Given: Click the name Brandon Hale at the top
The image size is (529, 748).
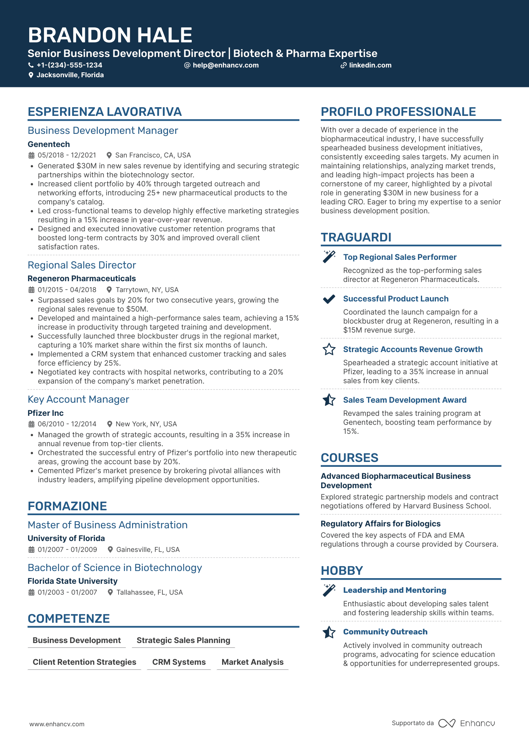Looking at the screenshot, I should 110,35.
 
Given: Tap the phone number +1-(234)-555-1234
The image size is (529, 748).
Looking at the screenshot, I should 69,65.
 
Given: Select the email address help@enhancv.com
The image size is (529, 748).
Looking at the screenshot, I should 225,65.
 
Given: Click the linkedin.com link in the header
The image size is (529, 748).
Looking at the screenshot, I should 370,65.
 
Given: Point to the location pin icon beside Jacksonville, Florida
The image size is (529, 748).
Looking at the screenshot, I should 31,75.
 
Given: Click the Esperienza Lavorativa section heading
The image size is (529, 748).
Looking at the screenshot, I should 105,112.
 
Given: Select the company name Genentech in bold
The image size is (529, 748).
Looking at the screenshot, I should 49,144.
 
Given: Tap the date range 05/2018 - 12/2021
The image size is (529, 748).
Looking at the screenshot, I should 67,155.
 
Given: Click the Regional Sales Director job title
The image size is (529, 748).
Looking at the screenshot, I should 82,265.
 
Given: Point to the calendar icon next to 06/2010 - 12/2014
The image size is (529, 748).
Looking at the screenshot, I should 32,424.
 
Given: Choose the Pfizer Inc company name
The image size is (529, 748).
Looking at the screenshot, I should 45,413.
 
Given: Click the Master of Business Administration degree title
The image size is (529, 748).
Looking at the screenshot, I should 108,525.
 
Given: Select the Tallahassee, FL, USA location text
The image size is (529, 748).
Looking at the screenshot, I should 149,592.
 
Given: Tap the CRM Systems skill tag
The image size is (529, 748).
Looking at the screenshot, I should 179,662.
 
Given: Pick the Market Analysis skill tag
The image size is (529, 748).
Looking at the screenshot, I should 252,662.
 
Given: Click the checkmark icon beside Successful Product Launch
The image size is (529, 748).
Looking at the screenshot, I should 329,299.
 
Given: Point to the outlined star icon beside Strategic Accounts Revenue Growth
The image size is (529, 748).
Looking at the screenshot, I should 329,349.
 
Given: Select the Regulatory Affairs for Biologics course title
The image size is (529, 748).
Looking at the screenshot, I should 380,524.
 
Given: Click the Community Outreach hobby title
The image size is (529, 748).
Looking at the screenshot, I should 385,632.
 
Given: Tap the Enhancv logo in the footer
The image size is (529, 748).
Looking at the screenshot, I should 467,723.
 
